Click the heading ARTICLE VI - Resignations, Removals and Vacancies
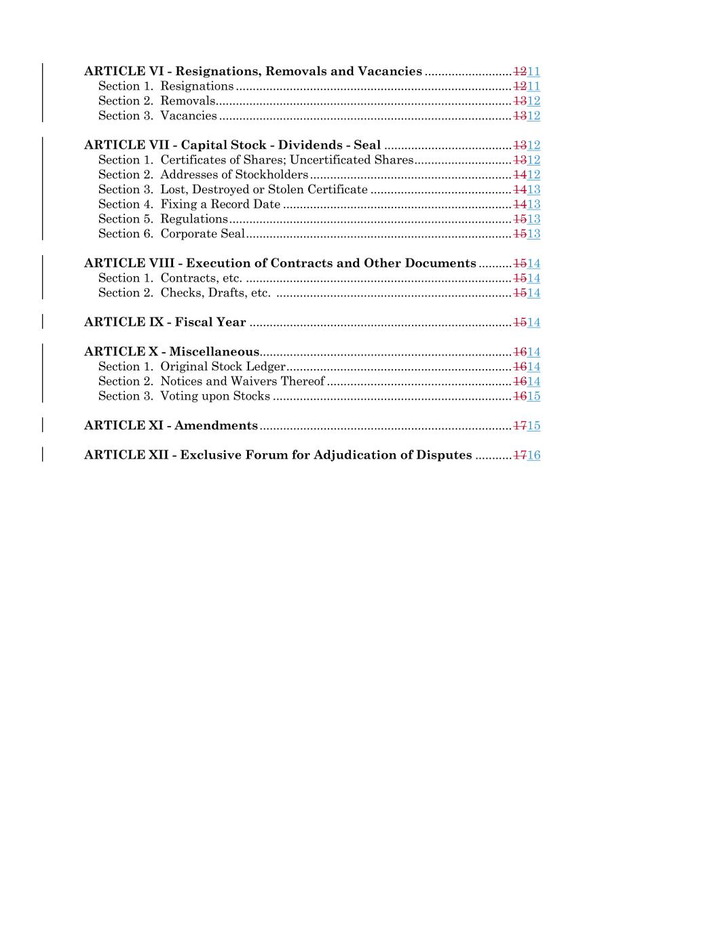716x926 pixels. click(x=252, y=71)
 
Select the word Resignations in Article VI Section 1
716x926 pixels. click(x=197, y=86)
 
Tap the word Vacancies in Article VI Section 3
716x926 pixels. click(x=189, y=116)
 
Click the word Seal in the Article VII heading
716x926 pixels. click(x=367, y=145)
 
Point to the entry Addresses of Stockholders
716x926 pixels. click(x=233, y=175)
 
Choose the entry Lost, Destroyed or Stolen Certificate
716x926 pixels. click(x=263, y=190)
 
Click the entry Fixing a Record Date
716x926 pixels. click(x=220, y=204)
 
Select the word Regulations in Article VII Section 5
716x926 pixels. click(x=194, y=219)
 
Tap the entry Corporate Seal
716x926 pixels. click(x=202, y=234)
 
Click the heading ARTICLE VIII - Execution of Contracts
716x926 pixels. click(x=280, y=263)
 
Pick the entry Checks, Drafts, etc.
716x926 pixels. click(x=215, y=293)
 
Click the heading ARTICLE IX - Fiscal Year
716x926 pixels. click(x=165, y=322)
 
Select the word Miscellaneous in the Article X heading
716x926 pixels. click(x=214, y=352)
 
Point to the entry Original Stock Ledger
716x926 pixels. click(x=223, y=367)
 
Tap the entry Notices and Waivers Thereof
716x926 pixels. click(x=242, y=381)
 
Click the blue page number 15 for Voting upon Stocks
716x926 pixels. click(x=534, y=396)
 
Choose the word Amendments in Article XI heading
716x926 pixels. click(x=216, y=426)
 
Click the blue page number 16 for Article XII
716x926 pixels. click(x=534, y=455)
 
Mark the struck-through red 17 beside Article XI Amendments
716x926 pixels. click(x=520, y=426)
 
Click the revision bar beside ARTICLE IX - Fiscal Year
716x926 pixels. click(x=43, y=322)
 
